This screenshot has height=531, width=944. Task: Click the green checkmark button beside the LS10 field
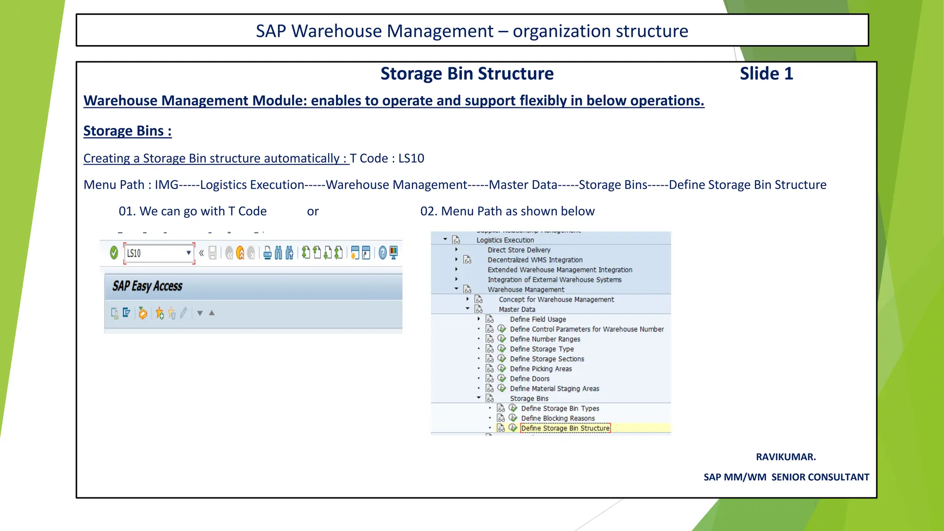(114, 253)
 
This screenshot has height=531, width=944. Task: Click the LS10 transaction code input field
(154, 253)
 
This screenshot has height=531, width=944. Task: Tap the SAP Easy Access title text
(147, 286)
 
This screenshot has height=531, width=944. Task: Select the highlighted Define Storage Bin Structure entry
(565, 428)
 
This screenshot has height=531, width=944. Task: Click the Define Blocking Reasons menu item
(558, 419)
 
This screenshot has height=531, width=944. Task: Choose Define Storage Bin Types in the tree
(560, 408)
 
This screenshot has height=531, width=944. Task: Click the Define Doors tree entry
(530, 379)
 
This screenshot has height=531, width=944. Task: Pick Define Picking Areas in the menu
(541, 369)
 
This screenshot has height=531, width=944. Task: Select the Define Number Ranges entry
(545, 339)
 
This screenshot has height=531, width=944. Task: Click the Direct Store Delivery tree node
(519, 250)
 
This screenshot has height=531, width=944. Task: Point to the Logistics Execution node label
(505, 240)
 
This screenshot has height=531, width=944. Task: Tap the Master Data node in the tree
(517, 310)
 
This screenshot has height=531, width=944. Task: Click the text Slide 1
(766, 74)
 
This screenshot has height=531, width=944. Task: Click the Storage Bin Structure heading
(467, 74)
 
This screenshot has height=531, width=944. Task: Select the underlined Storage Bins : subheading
(127, 131)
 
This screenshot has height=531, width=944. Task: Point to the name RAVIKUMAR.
(785, 457)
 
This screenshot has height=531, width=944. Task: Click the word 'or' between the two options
(313, 211)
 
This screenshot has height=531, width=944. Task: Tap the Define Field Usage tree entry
(538, 319)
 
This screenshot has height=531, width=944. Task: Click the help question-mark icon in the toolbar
(382, 253)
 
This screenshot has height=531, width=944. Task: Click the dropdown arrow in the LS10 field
(189, 253)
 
